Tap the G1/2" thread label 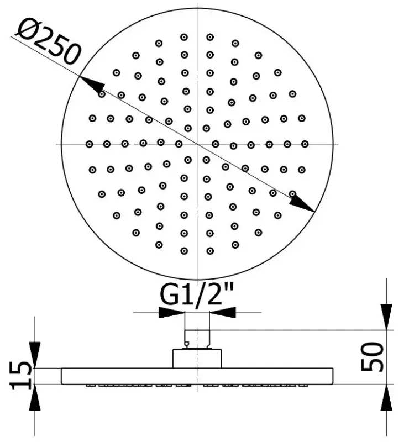pyautogui.click(x=198, y=297)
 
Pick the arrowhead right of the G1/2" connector pyautogui.click(x=223, y=312)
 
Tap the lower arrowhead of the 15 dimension pyautogui.click(x=34, y=397)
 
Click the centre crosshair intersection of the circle pyautogui.click(x=197, y=144)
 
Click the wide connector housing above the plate pyautogui.click(x=197, y=359)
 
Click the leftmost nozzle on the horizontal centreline pyautogui.click(x=90, y=144)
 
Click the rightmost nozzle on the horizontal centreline pyautogui.click(x=305, y=144)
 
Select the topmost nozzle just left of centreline pyautogui.click(x=184, y=37)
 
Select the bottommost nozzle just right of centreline pyautogui.click(x=210, y=251)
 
